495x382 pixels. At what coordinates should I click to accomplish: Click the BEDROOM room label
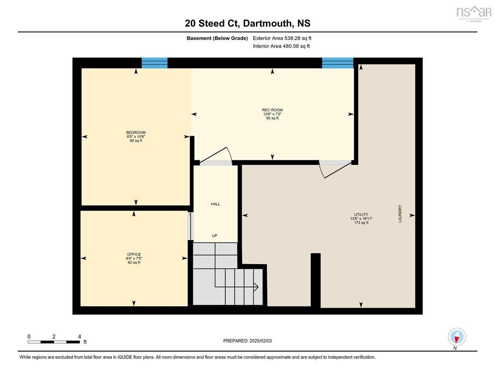136,132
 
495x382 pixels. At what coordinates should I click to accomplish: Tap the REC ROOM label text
272,110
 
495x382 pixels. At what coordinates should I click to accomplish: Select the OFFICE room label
134,254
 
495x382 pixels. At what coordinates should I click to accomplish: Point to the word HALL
215,204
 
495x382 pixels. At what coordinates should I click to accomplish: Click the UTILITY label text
361,214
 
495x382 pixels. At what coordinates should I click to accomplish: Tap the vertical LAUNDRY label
400,213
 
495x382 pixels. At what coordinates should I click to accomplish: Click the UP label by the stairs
214,236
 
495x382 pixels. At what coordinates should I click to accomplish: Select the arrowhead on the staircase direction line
256,287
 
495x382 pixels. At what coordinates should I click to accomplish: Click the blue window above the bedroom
154,63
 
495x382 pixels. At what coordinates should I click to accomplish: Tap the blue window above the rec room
337,63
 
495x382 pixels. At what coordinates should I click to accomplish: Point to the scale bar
54,342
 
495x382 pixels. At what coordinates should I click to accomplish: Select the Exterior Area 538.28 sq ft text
282,38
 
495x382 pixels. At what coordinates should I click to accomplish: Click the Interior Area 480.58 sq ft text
281,46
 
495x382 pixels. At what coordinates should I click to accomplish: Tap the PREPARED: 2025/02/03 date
247,341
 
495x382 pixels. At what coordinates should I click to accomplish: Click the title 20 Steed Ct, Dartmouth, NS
247,23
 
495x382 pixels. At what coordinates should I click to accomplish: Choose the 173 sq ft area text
361,223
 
